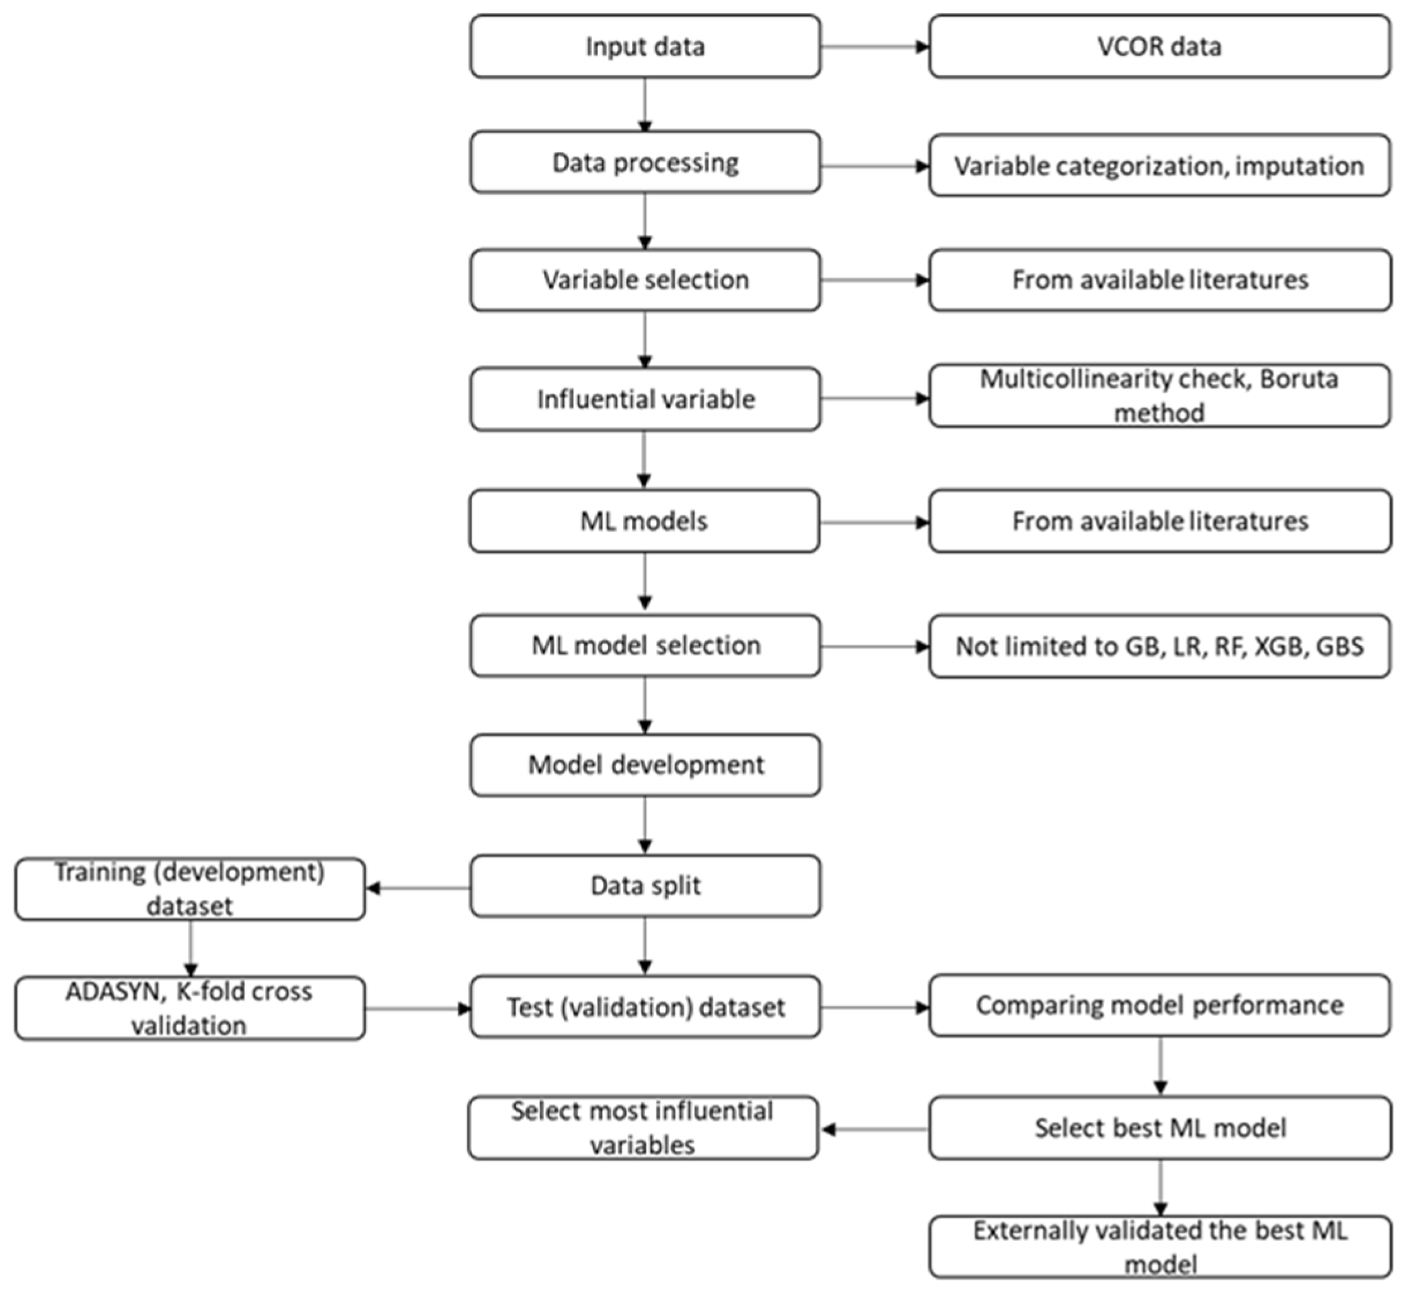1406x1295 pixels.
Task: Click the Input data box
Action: coord(645,46)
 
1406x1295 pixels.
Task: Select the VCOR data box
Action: coord(1159,46)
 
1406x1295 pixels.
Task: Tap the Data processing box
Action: coord(645,163)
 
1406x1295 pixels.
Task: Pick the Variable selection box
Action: coord(645,279)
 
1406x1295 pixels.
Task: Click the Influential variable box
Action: coord(645,398)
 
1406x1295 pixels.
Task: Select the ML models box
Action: coord(645,521)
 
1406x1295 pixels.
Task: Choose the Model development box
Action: coord(645,765)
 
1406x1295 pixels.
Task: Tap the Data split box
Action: coord(645,886)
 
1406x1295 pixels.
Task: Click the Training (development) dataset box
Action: coord(190,888)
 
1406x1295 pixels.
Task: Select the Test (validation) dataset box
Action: coord(645,1007)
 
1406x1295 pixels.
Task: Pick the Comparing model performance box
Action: coord(1159,1005)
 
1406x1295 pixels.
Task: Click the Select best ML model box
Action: coord(1159,1127)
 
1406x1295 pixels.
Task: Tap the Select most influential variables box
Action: coord(642,1127)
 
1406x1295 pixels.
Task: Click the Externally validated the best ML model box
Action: coord(1159,1247)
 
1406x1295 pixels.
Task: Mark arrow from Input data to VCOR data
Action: coord(874,47)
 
